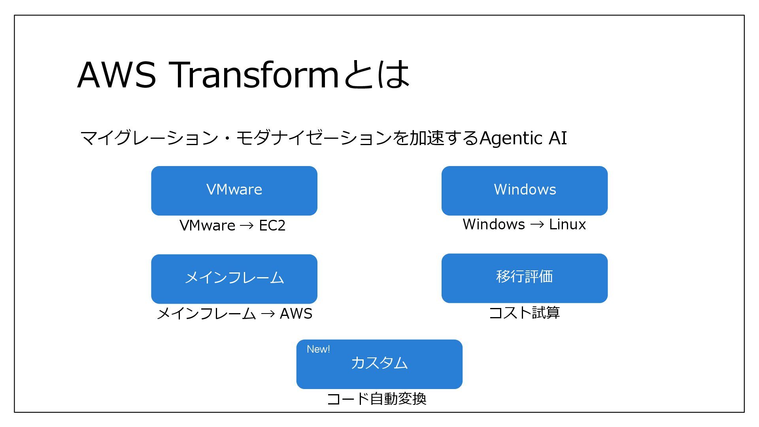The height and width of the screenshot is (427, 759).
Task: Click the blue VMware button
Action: [x=234, y=191]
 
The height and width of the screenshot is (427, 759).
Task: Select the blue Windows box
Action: [x=524, y=191]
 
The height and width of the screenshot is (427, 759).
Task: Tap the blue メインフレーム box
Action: [x=234, y=279]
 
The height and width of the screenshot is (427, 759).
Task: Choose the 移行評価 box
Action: [x=524, y=278]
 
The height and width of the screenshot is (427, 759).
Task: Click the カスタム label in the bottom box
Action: [x=379, y=363]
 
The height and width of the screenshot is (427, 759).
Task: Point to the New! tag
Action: [x=318, y=350]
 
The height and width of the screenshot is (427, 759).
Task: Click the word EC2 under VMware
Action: [x=272, y=225]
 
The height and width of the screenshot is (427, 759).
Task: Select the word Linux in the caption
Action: [x=567, y=224]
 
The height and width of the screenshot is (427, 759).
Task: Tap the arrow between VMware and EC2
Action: [x=247, y=226]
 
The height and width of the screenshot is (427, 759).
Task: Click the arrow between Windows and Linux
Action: [x=537, y=225]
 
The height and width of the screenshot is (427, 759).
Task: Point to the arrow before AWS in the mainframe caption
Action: [x=268, y=314]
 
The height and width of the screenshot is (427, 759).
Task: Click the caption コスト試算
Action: [x=524, y=313]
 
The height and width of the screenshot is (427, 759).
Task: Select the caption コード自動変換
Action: [x=377, y=399]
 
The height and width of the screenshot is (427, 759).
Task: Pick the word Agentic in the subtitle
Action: [x=511, y=138]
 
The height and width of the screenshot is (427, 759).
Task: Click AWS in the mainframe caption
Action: [x=296, y=314]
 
